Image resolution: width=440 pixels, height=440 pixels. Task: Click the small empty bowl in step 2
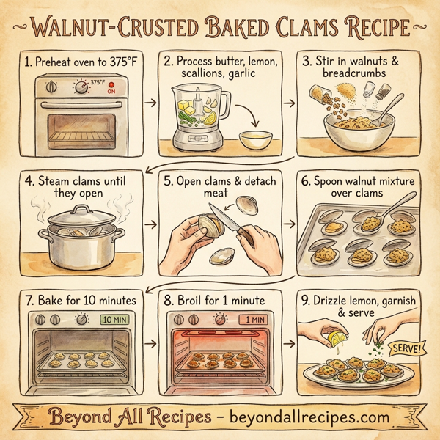pos(256,139)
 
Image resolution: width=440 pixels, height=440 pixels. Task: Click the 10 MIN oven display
pos(114,319)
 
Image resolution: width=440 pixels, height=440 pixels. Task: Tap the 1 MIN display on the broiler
pos(254,319)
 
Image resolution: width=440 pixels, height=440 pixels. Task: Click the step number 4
pos(27,178)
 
